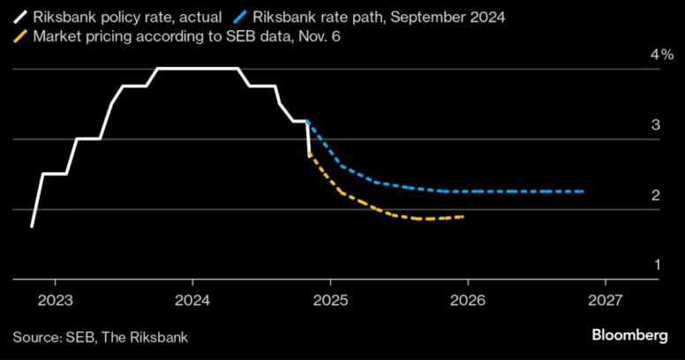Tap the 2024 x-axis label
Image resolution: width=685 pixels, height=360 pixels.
pyautogui.click(x=192, y=300)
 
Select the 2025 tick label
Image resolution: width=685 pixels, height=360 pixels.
pyautogui.click(x=329, y=300)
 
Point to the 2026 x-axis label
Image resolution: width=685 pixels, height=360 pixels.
pyautogui.click(x=467, y=300)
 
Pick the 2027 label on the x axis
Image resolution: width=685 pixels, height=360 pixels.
pyautogui.click(x=605, y=300)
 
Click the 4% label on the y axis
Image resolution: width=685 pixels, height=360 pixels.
pyautogui.click(x=661, y=55)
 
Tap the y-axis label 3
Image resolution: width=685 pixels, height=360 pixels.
pyautogui.click(x=656, y=125)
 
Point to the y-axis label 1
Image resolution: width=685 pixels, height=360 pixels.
pyautogui.click(x=656, y=265)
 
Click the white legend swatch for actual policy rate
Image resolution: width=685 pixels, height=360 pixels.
pyautogui.click(x=19, y=17)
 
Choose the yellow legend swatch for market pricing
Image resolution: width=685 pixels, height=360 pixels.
pyautogui.click(x=19, y=37)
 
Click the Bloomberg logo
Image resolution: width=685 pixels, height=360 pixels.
pyautogui.click(x=629, y=336)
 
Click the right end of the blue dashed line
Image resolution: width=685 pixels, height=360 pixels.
pyautogui.click(x=583, y=191)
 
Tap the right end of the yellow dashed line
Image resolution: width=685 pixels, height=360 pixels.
pyautogui.click(x=463, y=216)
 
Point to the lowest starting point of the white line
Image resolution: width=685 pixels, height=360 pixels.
pyautogui.click(x=32, y=227)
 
